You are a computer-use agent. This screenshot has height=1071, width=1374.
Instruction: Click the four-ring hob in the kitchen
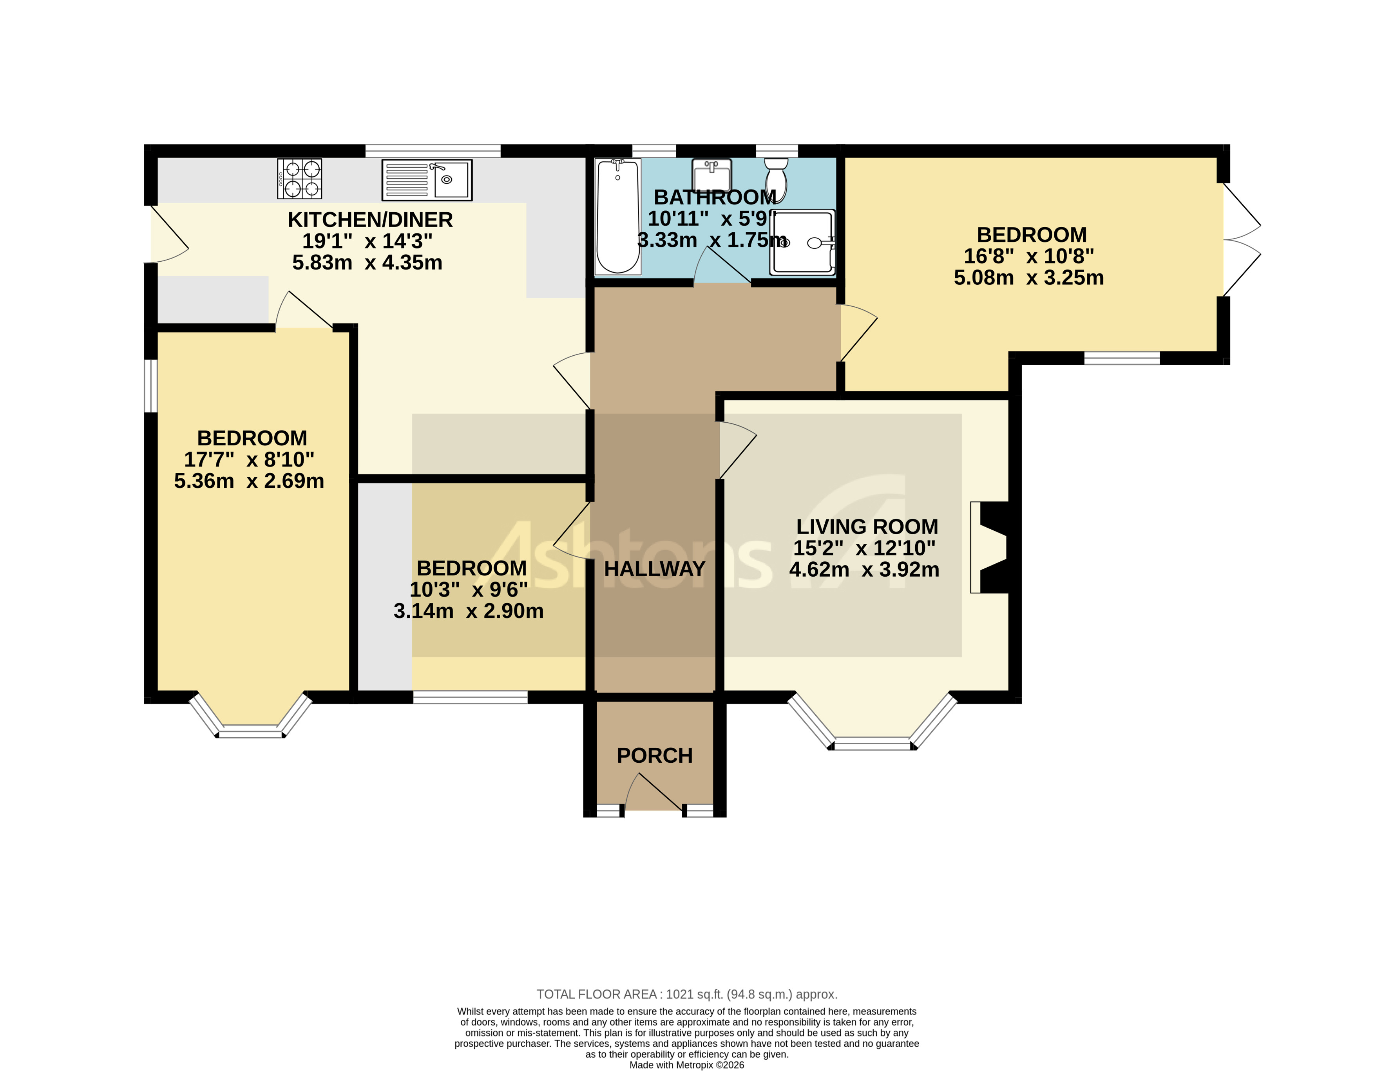[x=299, y=179]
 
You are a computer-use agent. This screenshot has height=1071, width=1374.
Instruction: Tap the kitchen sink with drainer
[x=427, y=180]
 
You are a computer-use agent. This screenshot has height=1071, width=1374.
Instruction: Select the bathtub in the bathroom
[x=618, y=216]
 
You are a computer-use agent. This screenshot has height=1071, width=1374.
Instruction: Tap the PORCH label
[x=654, y=755]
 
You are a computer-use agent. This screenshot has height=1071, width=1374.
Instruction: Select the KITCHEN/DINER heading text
[x=370, y=219]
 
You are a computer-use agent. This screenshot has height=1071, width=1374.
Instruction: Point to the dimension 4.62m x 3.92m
[x=864, y=569]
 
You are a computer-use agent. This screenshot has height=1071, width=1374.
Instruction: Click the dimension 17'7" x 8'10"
[x=249, y=460]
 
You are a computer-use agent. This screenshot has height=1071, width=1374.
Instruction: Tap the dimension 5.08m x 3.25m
[x=1028, y=277]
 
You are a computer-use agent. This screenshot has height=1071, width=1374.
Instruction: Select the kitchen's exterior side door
[x=167, y=234]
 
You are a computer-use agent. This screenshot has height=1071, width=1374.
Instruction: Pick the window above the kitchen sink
[x=433, y=150]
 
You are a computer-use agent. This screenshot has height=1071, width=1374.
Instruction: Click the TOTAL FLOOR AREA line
[x=686, y=994]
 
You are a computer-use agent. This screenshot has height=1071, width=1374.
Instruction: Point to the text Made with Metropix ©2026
[x=686, y=1065]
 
